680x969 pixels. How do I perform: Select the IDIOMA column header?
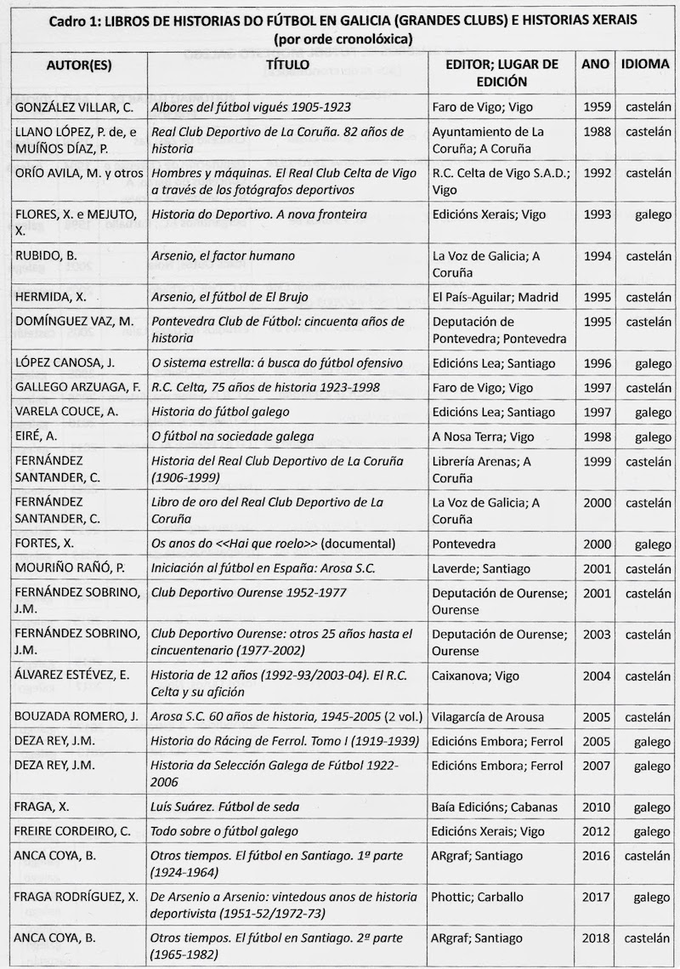[643, 65]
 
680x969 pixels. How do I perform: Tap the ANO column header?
[595, 65]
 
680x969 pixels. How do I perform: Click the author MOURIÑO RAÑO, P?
[67, 567]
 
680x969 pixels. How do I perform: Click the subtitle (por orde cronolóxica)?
[340, 39]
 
